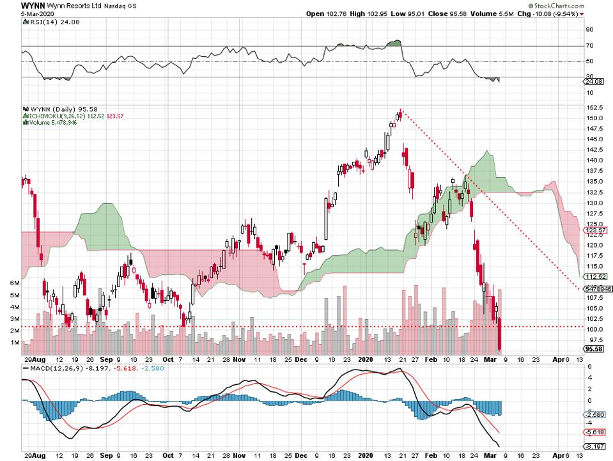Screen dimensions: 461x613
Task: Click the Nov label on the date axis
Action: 239,360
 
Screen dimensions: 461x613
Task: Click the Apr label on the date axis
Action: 558,360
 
